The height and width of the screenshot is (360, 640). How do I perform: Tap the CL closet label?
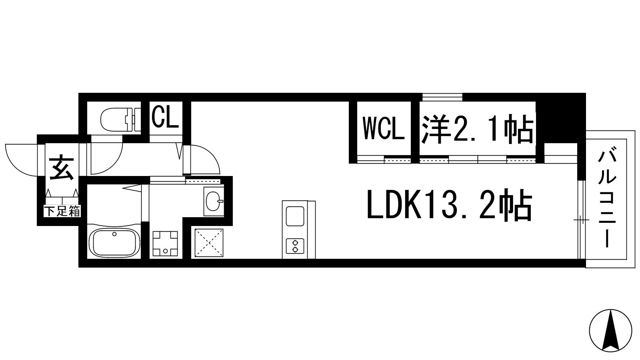point(165,118)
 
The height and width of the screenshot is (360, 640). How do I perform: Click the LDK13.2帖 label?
point(449,204)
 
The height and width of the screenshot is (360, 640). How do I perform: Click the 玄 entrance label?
point(62,168)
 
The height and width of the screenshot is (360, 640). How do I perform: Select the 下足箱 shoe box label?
point(62,212)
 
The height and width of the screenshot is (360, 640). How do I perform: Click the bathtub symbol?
point(114,242)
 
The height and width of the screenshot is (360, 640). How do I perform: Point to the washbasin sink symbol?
point(213,201)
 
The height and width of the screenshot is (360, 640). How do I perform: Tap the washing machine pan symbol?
point(165,244)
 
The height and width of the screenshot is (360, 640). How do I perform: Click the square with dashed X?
point(209,243)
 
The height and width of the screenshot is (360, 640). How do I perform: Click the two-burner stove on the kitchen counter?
point(295,246)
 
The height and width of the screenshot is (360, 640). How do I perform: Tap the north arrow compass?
point(610,332)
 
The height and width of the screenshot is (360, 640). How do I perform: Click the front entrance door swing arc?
point(22,160)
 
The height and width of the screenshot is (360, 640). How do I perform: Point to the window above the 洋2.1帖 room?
point(442,97)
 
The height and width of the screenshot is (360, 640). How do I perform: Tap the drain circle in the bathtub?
point(114,234)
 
